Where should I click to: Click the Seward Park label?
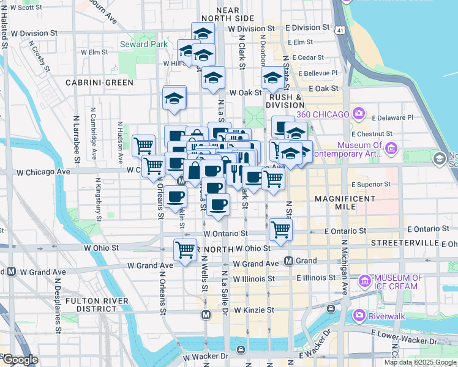[144, 44]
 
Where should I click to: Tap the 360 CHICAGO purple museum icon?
[359, 114]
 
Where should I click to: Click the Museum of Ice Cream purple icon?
[365, 281]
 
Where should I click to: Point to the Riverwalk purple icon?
[359, 316]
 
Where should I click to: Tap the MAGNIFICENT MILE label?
[345, 203]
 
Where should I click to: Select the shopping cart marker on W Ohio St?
[185, 250]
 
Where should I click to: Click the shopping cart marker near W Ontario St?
[280, 229]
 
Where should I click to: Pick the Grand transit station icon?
[289, 261]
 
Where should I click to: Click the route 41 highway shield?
[339, 28]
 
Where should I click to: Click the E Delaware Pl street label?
[391, 117]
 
